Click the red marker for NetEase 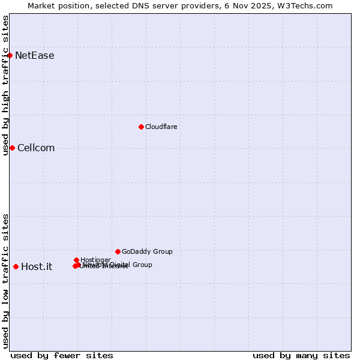10,55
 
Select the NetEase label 35,56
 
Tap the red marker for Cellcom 12,148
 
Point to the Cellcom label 36,148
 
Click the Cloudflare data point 141,127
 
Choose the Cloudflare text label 161,127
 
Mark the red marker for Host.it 16,266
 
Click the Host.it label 37,267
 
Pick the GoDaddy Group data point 118,251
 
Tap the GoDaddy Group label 147,252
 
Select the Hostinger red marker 76,260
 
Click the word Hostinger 95,260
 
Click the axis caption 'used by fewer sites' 62,355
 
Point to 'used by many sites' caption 301,355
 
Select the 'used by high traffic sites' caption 6,85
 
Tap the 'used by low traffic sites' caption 6,281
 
